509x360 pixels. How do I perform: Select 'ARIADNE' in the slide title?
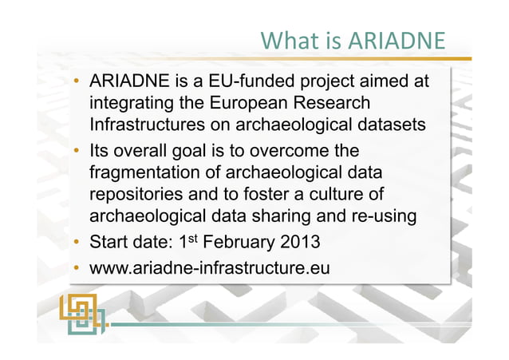point(399,40)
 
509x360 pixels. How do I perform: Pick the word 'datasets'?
point(389,125)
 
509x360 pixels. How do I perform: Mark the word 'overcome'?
point(293,151)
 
